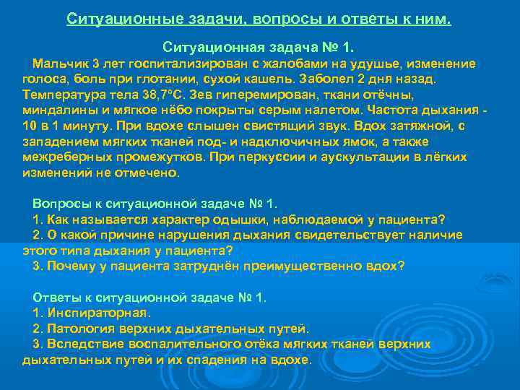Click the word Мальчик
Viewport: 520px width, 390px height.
[60, 64]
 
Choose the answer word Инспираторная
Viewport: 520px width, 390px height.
[98, 313]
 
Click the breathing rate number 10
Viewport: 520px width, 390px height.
[30, 126]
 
